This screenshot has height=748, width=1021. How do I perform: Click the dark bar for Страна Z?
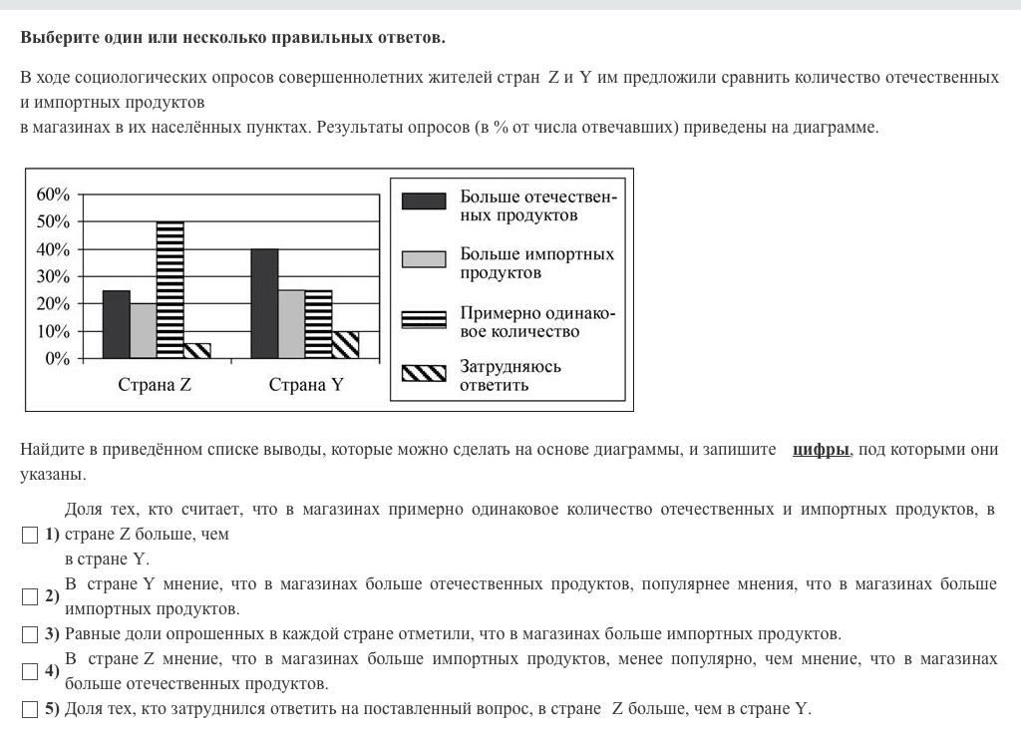tap(117, 324)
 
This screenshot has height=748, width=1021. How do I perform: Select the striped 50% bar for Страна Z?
tap(170, 289)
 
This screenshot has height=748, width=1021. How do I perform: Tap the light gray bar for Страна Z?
tap(144, 330)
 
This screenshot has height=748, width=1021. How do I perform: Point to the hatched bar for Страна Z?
tap(197, 350)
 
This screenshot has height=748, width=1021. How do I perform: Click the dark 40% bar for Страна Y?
tap(264, 303)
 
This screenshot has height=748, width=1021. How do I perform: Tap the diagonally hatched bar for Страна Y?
tap(345, 344)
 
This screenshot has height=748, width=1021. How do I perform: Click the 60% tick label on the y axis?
tap(54, 194)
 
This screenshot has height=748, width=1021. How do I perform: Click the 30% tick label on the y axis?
tap(54, 276)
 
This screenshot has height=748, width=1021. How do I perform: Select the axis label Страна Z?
tap(155, 385)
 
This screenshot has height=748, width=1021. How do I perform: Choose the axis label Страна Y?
tap(305, 385)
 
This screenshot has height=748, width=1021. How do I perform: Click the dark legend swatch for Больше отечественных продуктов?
tap(424, 201)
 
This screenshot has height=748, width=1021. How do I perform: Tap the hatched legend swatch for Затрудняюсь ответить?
tap(424, 374)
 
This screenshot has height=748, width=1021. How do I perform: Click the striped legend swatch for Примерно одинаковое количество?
tap(424, 319)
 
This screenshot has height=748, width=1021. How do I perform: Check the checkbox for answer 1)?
tap(29, 535)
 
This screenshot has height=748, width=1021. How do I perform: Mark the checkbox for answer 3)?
tap(29, 634)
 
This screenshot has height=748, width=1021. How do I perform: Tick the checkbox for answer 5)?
tap(29, 710)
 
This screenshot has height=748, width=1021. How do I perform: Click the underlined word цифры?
tap(822, 451)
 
